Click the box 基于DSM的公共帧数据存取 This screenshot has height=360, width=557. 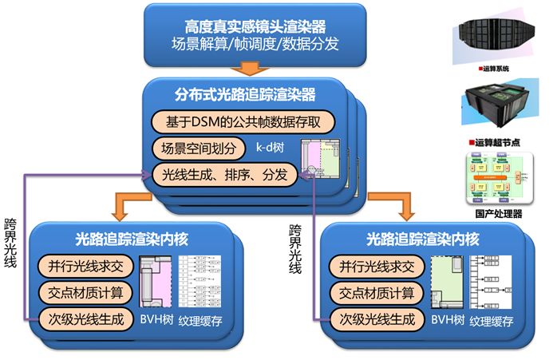click(241, 123)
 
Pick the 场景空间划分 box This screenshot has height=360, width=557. click(194, 148)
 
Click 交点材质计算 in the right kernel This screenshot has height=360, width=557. click(372, 293)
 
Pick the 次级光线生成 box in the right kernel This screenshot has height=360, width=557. click(372, 319)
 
